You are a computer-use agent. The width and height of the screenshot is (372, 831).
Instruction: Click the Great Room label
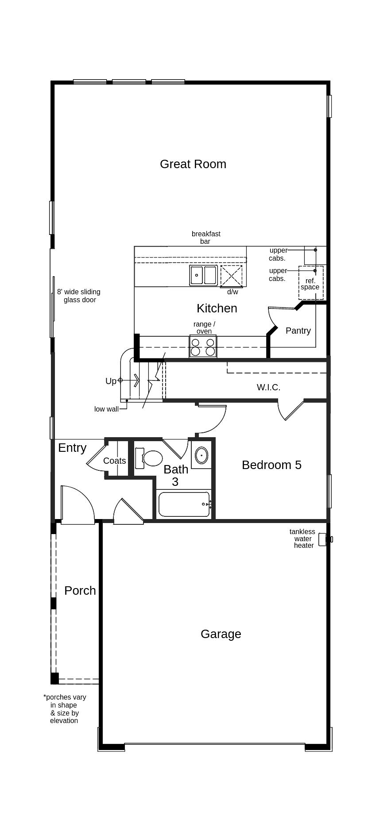click(x=193, y=164)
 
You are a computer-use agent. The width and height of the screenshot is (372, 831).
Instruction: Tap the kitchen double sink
click(x=203, y=275)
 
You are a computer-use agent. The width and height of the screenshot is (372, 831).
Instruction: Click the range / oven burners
click(x=203, y=346)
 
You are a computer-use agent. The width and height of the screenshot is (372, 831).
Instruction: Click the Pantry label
click(x=298, y=331)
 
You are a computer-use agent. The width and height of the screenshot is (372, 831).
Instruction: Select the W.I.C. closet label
click(x=268, y=387)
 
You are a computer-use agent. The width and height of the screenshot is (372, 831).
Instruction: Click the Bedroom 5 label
click(x=271, y=465)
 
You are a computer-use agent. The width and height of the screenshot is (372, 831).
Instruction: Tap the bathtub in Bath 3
click(x=184, y=504)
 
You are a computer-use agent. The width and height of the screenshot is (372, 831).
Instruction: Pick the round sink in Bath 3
click(x=201, y=454)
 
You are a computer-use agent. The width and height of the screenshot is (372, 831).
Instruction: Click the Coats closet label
click(x=114, y=461)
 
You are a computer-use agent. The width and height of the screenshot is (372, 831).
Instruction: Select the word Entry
click(x=72, y=448)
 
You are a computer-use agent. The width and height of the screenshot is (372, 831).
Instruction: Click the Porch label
click(x=80, y=591)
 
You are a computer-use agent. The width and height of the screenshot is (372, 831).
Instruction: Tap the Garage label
click(x=221, y=634)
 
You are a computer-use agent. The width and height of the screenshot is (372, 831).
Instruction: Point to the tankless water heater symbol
click(x=328, y=539)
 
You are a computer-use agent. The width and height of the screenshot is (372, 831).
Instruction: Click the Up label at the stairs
click(x=111, y=381)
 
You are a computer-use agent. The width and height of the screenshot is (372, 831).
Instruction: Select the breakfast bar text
click(x=206, y=238)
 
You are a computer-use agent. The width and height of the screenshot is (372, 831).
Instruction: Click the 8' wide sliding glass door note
click(x=79, y=296)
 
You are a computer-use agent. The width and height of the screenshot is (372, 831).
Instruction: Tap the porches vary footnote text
click(x=65, y=708)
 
